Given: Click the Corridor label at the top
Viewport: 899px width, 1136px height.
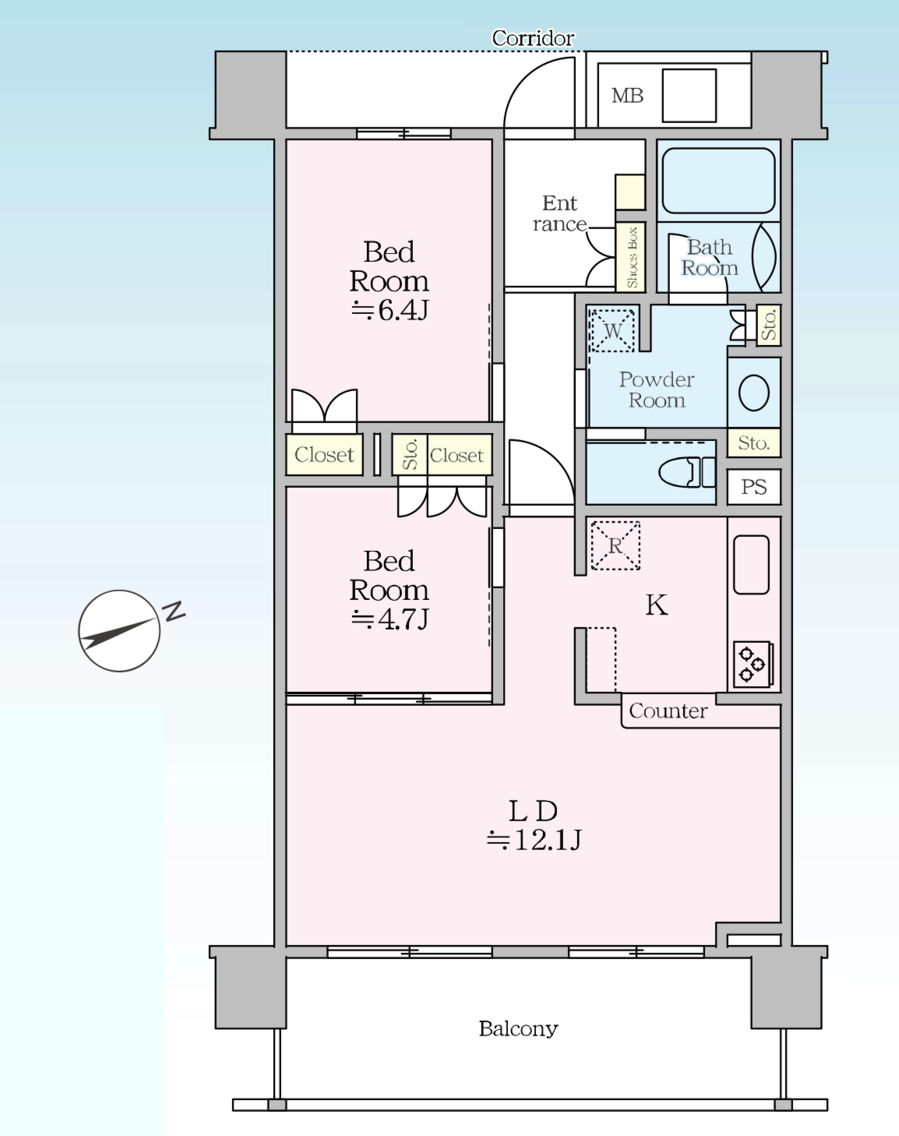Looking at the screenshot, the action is [x=533, y=38].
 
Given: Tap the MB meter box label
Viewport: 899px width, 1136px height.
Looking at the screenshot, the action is [x=628, y=96].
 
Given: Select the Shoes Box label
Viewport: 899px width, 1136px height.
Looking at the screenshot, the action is [x=632, y=258].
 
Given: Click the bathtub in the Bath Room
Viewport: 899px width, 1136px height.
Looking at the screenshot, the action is [x=718, y=181].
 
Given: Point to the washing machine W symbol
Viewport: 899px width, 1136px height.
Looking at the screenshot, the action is [x=612, y=330].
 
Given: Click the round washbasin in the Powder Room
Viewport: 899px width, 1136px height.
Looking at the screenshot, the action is [x=754, y=393].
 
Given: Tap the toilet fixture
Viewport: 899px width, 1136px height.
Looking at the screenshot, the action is [x=687, y=471].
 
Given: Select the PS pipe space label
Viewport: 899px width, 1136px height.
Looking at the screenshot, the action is [x=754, y=487].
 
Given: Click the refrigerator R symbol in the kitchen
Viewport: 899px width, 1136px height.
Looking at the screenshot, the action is [x=615, y=546].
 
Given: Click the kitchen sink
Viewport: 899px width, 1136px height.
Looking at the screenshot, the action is [x=751, y=565].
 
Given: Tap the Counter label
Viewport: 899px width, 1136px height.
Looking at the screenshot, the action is [x=668, y=711].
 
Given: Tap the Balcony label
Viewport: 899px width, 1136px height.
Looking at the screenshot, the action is [x=518, y=1028].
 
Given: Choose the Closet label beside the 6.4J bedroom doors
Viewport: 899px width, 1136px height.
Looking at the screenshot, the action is [x=324, y=454].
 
